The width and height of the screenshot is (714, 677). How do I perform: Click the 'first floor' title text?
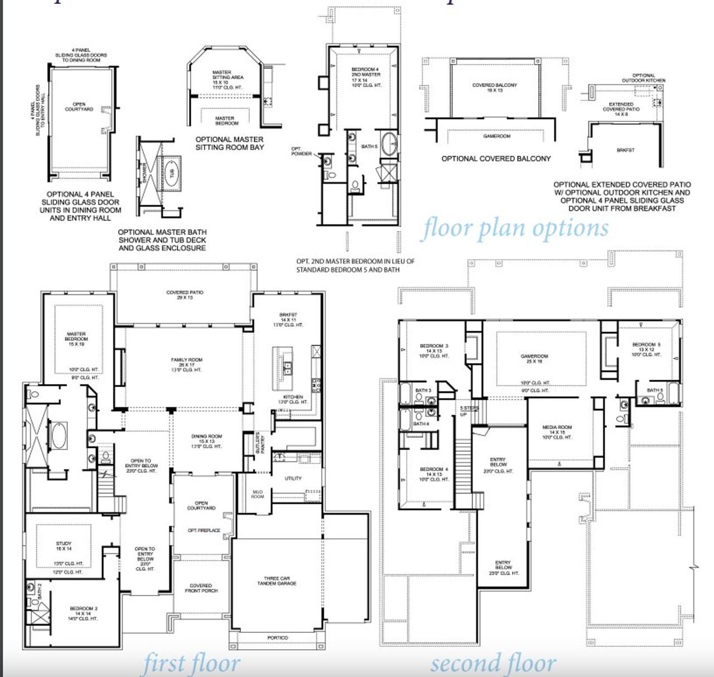tap(191, 664)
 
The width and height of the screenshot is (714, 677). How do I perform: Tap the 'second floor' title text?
tap(493, 664)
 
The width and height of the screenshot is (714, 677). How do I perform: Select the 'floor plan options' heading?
tap(514, 228)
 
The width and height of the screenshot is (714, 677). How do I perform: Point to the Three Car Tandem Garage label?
tap(277, 581)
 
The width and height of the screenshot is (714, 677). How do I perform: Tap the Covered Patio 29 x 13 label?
tap(185, 295)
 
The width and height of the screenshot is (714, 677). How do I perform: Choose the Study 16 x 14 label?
tap(64, 546)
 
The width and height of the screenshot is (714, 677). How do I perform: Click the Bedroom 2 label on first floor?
tap(84, 611)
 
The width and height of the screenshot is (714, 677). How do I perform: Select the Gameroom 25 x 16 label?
tap(534, 359)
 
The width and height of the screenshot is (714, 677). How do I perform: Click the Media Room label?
tap(557, 430)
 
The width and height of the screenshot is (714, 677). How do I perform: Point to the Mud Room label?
tap(257, 494)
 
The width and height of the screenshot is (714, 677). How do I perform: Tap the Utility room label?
tap(293, 478)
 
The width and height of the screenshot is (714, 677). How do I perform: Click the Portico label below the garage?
tap(277, 637)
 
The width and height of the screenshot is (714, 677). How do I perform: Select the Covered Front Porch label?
tap(201, 588)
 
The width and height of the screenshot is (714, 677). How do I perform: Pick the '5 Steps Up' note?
tap(469, 411)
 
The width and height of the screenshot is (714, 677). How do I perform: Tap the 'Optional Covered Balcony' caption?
tap(496, 159)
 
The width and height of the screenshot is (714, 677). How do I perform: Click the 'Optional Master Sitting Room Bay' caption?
tap(229, 143)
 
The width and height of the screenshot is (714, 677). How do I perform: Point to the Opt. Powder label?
tap(301, 151)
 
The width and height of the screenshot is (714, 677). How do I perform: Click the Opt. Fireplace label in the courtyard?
tap(204, 530)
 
